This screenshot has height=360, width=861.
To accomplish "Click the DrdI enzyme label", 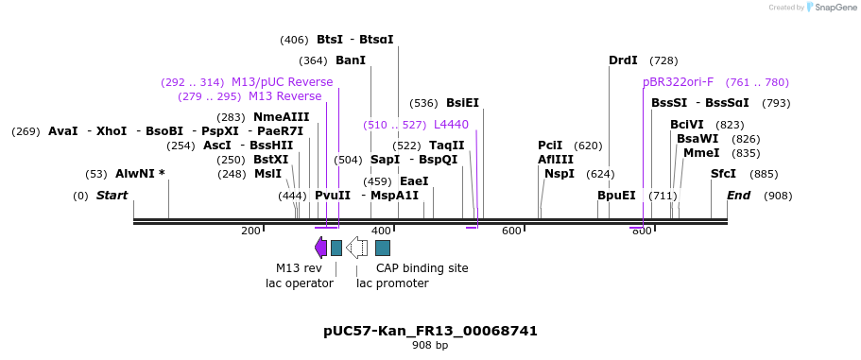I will (623, 60).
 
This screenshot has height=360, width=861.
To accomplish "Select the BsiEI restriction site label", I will (462, 103).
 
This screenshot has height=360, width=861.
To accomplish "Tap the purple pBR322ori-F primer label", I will (678, 82).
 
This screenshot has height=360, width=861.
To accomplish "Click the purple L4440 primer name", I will (451, 125).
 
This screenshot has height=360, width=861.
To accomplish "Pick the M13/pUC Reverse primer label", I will (282, 82).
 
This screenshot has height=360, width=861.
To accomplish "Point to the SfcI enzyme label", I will (723, 174).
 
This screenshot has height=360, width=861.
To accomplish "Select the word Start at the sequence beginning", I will (112, 196).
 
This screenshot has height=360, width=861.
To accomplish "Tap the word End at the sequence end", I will (738, 196).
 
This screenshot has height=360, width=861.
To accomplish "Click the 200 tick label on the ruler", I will (250, 231).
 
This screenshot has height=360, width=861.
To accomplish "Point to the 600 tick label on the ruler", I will (511, 231).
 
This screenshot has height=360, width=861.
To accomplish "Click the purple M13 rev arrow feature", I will (320, 248).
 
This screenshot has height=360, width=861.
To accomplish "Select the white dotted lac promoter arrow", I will (356, 248).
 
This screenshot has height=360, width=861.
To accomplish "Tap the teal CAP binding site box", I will (383, 248).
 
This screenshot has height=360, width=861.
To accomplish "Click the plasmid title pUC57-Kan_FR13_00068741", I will (430, 331).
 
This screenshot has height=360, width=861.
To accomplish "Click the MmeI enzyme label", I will (701, 153).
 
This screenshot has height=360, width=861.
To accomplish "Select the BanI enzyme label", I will (351, 60).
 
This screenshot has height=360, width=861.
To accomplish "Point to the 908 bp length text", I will (430, 346).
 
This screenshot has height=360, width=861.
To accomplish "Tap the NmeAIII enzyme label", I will (281, 117).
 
